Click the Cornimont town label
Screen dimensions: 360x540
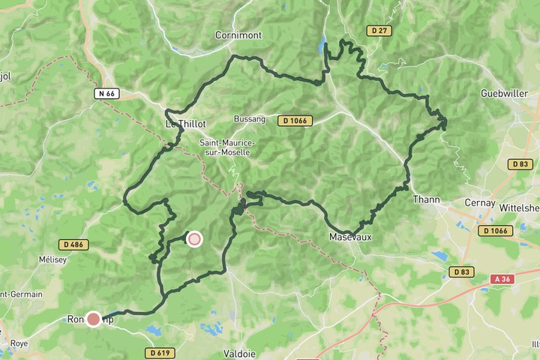tap(238, 34)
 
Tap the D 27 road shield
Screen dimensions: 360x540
tap(379, 30)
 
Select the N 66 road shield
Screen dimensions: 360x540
tap(106, 93)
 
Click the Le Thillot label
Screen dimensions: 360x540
tap(185, 123)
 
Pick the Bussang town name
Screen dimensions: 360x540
tap(250, 119)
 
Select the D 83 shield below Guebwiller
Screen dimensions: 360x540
tap(519, 163)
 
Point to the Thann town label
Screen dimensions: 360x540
tap(425, 200)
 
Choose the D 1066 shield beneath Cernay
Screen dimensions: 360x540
tap(496, 230)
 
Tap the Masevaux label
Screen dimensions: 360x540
tap(350, 237)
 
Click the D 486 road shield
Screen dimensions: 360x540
tap(73, 244)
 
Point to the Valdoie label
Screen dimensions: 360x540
tap(241, 352)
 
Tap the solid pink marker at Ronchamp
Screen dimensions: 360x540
tap(94, 319)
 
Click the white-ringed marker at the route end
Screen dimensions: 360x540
tap(194, 239)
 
